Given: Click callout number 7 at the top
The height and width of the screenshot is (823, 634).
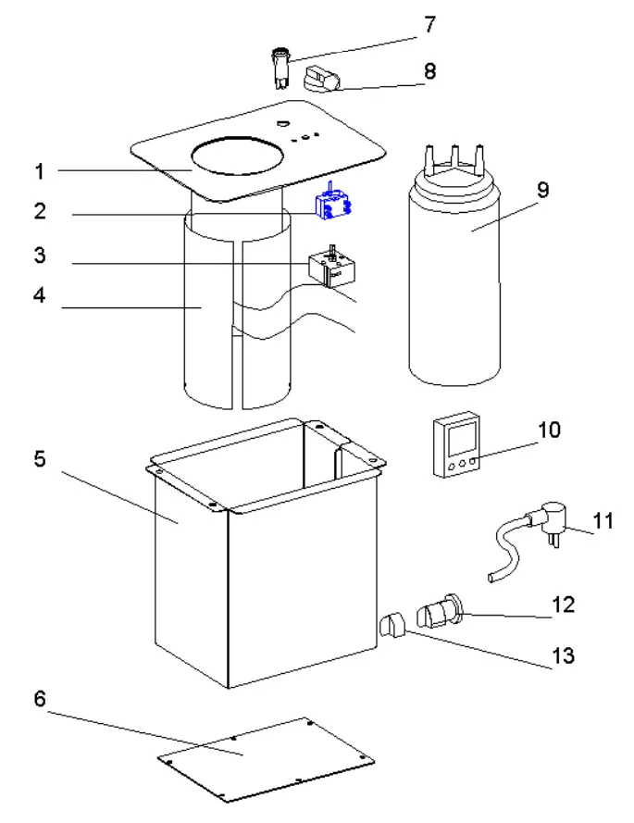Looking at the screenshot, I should pyautogui.click(x=429, y=25).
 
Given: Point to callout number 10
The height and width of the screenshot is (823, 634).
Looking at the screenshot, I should pyautogui.click(x=549, y=430).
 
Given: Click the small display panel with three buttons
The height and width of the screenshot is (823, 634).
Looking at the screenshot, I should pyautogui.click(x=456, y=445).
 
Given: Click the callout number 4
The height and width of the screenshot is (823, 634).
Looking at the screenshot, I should pyautogui.click(x=40, y=296).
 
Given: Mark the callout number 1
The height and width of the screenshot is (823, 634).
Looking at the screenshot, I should pyautogui.click(x=40, y=171).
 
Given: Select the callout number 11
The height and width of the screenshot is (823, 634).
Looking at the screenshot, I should pyautogui.click(x=603, y=521).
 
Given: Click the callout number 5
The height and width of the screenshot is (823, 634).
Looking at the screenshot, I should pyautogui.click(x=40, y=459).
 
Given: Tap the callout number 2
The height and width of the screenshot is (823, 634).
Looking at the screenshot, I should pyautogui.click(x=40, y=211).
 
